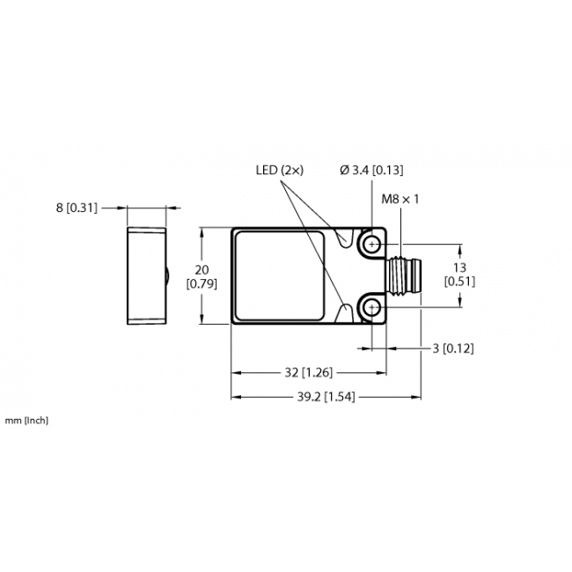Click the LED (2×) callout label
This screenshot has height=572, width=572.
[x=280, y=170]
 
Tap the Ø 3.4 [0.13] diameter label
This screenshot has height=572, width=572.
[x=371, y=170]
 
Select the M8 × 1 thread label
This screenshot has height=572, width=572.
[x=400, y=199]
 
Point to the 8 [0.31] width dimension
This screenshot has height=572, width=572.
[x=77, y=208]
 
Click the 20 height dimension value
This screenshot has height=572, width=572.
[x=202, y=270]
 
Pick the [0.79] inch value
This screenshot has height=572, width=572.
[x=202, y=283]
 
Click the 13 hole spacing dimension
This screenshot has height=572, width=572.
[x=459, y=268]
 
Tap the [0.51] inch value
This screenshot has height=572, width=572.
[x=459, y=282]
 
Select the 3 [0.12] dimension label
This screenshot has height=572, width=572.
[x=453, y=348]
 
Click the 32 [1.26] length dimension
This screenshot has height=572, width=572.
[x=309, y=372]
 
